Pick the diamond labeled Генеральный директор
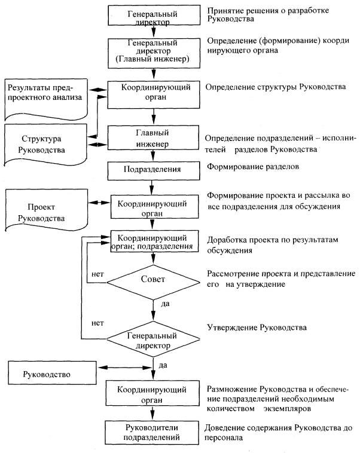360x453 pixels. click(154, 340)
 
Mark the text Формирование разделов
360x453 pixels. click(249, 166)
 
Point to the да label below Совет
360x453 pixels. click(166, 304)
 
